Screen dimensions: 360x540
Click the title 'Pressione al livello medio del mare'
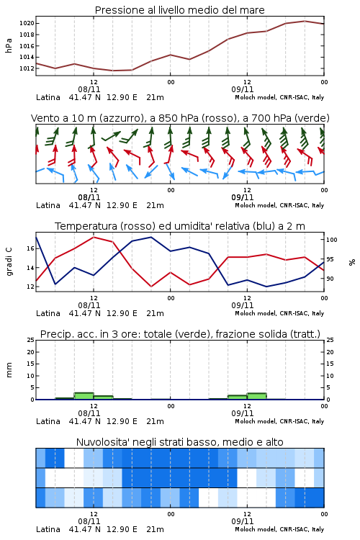pyautogui.click(x=179, y=10)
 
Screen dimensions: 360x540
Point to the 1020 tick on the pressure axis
pyautogui.click(x=27, y=24)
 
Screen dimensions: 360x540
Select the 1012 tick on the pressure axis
pyautogui.click(x=27, y=68)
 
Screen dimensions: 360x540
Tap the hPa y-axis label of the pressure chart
pyautogui.click(x=9, y=45)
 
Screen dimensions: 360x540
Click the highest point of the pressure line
pyautogui.click(x=305, y=21)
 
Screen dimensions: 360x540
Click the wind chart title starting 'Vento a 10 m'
pyautogui.click(x=180, y=118)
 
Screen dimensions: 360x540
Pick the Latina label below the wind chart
pyautogui.click(x=48, y=205)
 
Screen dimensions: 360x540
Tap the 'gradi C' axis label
pyautogui.click(x=9, y=262)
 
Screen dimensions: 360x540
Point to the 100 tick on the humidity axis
pyautogui.click(x=331, y=240)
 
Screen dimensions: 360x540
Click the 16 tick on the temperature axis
pyautogui.click(x=30, y=248)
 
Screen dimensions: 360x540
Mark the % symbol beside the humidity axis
pyautogui.click(x=352, y=262)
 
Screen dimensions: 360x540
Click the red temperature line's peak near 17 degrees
pyautogui.click(x=94, y=237)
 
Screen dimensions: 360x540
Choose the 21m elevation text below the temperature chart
pyautogui.click(x=155, y=313)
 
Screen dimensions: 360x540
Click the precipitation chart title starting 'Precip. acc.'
pyautogui.click(x=180, y=334)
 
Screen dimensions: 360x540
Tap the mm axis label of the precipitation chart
pyautogui.click(x=9, y=370)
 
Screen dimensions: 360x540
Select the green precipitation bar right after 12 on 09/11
pyautogui.click(x=256, y=396)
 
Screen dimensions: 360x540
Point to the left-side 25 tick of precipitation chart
pyautogui.click(x=30, y=340)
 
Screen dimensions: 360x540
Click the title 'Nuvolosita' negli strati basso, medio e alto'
pyautogui.click(x=179, y=442)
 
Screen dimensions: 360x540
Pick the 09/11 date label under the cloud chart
pyautogui.click(x=243, y=521)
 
